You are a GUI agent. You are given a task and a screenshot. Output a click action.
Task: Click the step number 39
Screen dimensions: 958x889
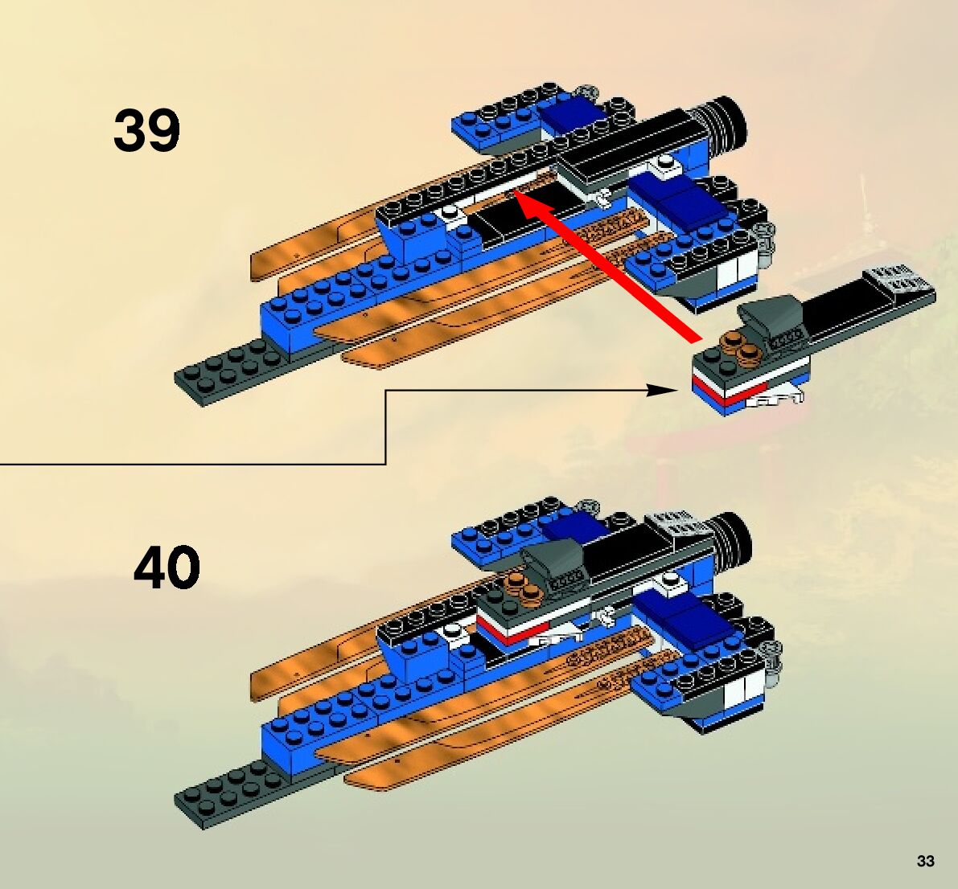point(146,130)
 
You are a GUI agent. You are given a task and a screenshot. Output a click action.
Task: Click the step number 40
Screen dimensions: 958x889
point(167,567)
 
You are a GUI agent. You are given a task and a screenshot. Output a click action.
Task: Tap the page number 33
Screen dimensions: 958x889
point(925,861)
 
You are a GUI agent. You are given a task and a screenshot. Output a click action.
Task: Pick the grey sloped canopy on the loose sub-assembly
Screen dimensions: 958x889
point(771,317)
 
